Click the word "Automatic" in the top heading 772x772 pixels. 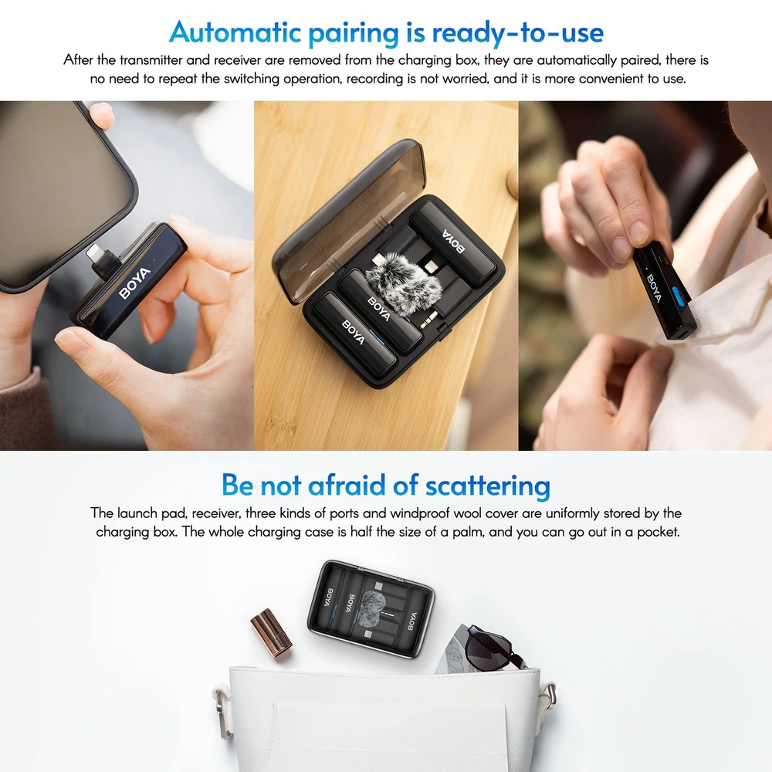235,32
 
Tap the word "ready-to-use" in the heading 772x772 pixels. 517,33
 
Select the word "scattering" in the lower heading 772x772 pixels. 487,486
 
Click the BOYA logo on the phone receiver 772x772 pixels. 134,283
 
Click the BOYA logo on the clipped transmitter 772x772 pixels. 655,287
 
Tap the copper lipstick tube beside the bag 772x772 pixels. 271,633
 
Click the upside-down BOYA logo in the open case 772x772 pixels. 453,241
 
